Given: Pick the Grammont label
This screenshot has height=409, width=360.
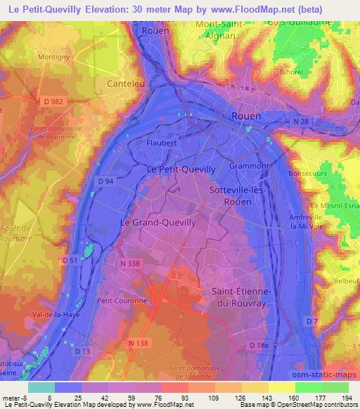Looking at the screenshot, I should point(249,167).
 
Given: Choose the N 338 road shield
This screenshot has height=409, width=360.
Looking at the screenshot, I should point(131,264).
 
